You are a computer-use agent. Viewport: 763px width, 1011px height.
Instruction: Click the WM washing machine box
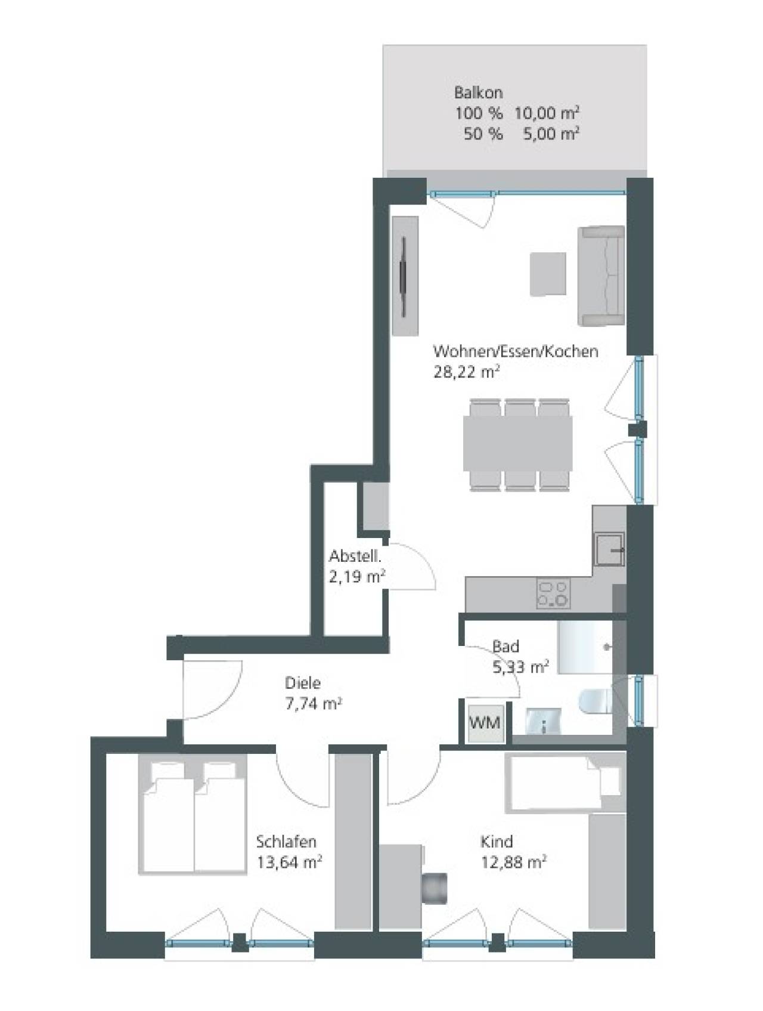tap(485, 723)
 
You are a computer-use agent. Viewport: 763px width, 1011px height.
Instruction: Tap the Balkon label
tap(478, 92)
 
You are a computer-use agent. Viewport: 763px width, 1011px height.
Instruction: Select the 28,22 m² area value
tap(466, 372)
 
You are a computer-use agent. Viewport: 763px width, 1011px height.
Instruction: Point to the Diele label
tap(302, 683)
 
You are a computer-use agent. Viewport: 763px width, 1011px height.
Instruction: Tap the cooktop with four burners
tap(553, 594)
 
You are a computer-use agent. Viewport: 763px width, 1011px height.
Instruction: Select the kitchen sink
tap(608, 549)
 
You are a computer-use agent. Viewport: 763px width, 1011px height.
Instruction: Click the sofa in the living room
tap(601, 276)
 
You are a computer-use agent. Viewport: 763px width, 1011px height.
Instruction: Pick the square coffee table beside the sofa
tap(548, 274)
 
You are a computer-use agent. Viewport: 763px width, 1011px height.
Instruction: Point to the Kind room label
tap(497, 842)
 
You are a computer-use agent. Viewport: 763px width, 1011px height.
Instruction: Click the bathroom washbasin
tap(543, 721)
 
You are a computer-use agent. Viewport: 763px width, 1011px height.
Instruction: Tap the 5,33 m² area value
tap(520, 667)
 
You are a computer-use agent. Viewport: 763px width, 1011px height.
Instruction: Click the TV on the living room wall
tap(405, 276)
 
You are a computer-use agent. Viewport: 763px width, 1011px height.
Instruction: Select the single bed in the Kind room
tap(565, 782)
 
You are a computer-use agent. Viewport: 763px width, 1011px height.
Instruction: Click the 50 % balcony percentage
tap(483, 134)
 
